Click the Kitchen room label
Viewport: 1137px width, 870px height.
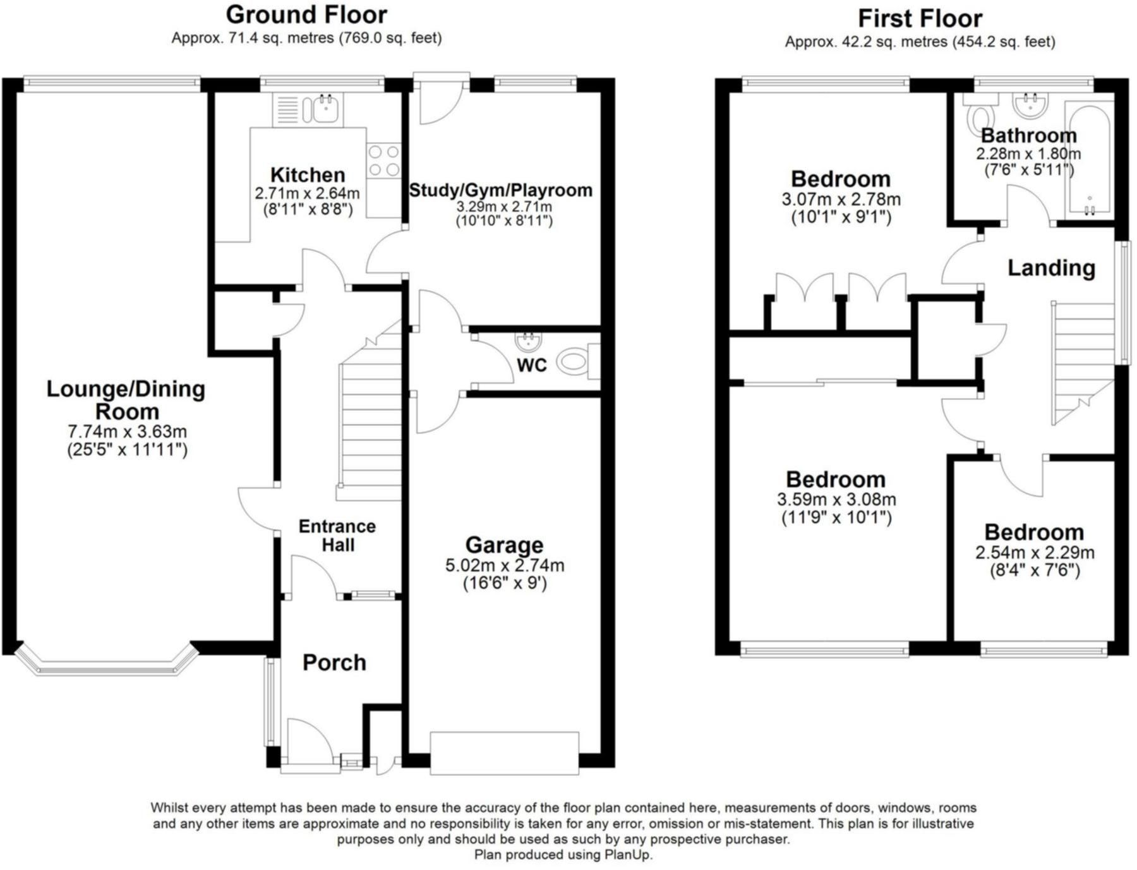click(x=308, y=175)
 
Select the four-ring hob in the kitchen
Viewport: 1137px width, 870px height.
click(x=383, y=160)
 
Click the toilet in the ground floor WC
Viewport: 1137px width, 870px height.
click(x=573, y=362)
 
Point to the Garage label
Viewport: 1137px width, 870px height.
click(x=504, y=545)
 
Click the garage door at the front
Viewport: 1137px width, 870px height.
click(x=504, y=753)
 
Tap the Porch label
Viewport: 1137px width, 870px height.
click(x=334, y=663)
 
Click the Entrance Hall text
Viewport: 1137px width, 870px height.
click(x=337, y=536)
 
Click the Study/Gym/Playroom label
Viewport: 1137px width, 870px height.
click(x=500, y=190)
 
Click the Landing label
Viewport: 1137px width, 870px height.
click(x=1051, y=268)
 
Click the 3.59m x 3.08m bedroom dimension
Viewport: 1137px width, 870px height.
click(x=836, y=500)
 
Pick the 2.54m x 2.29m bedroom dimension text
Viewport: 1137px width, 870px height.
click(x=1034, y=553)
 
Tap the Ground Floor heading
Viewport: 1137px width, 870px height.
click(x=306, y=15)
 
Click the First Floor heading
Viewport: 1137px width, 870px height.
click(x=920, y=19)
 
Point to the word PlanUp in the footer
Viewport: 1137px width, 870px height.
click(x=628, y=855)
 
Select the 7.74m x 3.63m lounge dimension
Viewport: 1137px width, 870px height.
click(x=127, y=432)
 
